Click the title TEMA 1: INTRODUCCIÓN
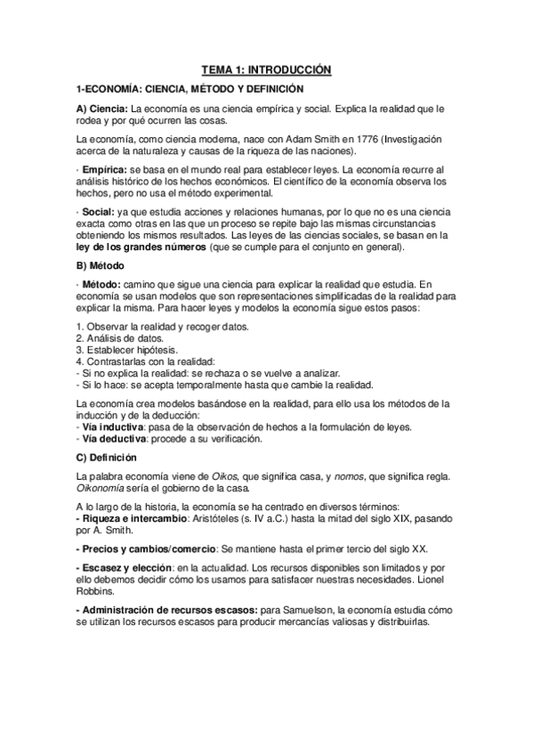click(266, 69)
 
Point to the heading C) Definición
click(107, 458)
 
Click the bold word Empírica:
click(106, 168)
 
